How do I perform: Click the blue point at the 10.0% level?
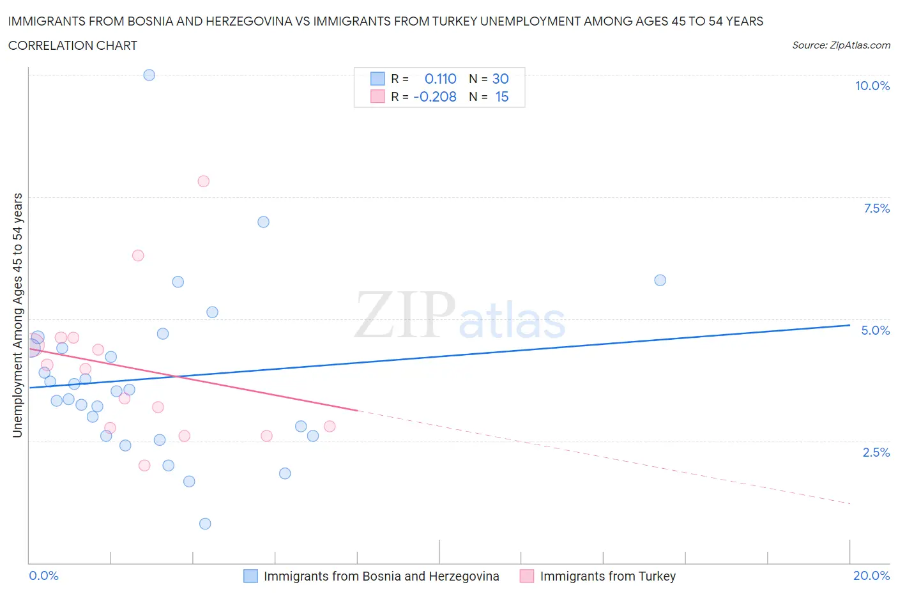click(149, 75)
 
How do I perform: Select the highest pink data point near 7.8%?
click(204, 181)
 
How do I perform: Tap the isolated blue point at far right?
click(660, 280)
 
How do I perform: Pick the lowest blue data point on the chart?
click(205, 524)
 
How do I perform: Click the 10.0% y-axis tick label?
click(872, 86)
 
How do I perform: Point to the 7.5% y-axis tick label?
click(876, 208)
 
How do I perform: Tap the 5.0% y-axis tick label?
click(875, 330)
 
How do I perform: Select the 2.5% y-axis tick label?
click(876, 452)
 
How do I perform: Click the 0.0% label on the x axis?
click(44, 576)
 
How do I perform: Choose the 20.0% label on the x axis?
click(871, 576)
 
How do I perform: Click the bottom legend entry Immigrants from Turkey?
click(607, 577)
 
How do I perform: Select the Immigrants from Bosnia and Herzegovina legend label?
click(381, 577)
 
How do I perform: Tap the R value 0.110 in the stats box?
click(441, 79)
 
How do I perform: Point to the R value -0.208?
click(435, 97)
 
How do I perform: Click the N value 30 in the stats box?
click(501, 79)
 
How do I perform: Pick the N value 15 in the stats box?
click(502, 97)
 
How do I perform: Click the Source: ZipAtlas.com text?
click(841, 45)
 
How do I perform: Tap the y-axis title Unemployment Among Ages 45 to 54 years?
click(18, 315)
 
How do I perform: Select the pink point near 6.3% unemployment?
click(138, 255)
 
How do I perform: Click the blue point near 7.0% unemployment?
click(263, 222)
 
